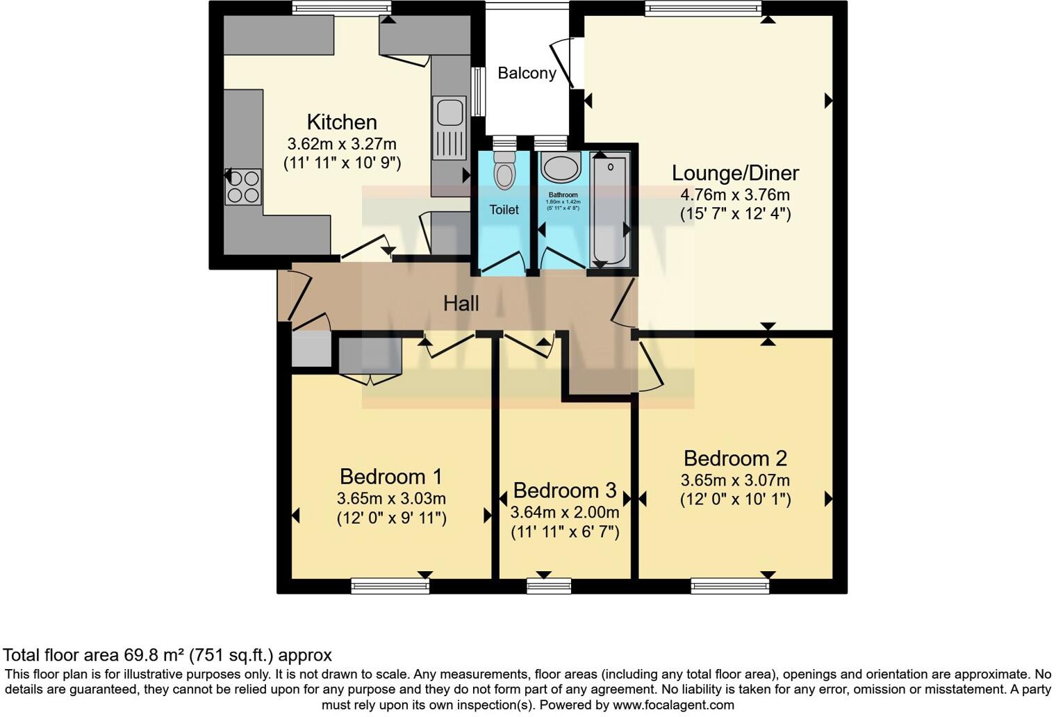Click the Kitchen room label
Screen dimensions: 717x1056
tap(342, 122)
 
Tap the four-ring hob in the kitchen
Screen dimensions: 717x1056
tap(243, 187)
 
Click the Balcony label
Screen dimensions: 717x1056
tap(527, 73)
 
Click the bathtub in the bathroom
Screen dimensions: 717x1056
tap(609, 211)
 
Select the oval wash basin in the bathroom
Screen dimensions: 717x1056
tap(561, 168)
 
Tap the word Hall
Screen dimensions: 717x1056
tap(461, 304)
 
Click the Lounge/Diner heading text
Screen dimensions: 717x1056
tap(735, 173)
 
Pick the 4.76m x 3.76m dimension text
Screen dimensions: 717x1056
tap(735, 195)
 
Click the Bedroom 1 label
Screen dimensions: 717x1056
tap(390, 477)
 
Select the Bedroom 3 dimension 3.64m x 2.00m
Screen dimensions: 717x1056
tap(564, 513)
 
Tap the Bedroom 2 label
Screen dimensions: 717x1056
tap(735, 459)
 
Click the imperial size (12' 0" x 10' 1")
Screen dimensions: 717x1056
tap(735, 499)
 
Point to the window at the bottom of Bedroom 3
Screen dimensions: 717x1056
tap(549, 586)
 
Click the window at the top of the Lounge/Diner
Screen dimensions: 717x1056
tap(702, 8)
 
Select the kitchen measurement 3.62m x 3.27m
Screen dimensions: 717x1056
tap(342, 144)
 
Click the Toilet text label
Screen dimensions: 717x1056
tap(504, 210)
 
